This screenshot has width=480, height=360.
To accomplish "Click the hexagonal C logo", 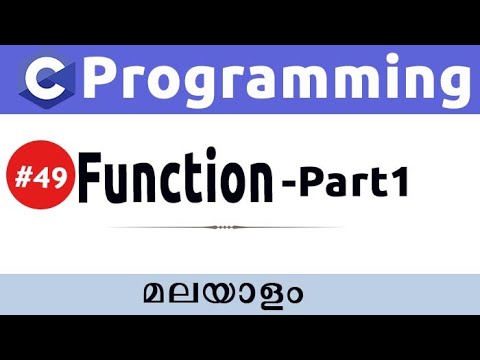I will point(44,79).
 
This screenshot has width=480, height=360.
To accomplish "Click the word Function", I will point(176,181).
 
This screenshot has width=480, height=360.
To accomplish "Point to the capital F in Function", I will point(91,181).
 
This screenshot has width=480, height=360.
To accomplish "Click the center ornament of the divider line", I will point(225,227).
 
